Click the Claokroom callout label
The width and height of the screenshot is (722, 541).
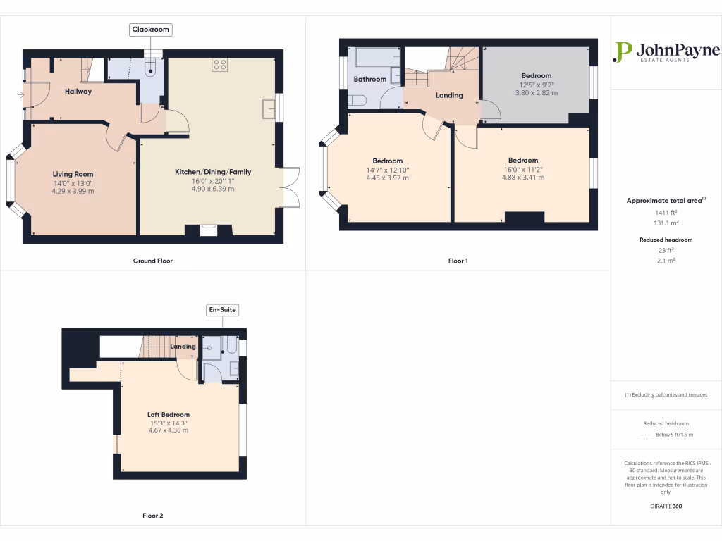coord(151,30)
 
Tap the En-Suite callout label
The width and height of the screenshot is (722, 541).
coord(222,309)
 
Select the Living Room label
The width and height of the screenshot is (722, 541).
coord(73,174)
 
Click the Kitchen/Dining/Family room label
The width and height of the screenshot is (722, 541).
coord(213,172)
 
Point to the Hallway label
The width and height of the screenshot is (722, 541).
coord(78,92)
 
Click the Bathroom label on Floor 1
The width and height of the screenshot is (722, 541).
coord(370,80)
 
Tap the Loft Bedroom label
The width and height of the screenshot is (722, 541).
coord(168,415)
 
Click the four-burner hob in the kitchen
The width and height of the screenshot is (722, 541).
coord(219,66)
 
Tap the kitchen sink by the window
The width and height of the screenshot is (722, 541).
coord(269,109)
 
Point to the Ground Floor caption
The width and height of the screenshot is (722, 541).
coord(153,261)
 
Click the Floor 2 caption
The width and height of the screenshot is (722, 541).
coord(152,516)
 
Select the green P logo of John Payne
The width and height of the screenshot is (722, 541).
coord(623,51)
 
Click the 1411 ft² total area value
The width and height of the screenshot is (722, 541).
coord(666,212)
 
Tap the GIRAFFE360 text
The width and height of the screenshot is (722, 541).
coord(666,506)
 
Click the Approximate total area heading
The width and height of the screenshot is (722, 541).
coord(666,201)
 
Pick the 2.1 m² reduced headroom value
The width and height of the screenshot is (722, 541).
coord(666,261)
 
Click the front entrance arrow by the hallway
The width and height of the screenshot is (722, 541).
coord(21,94)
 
